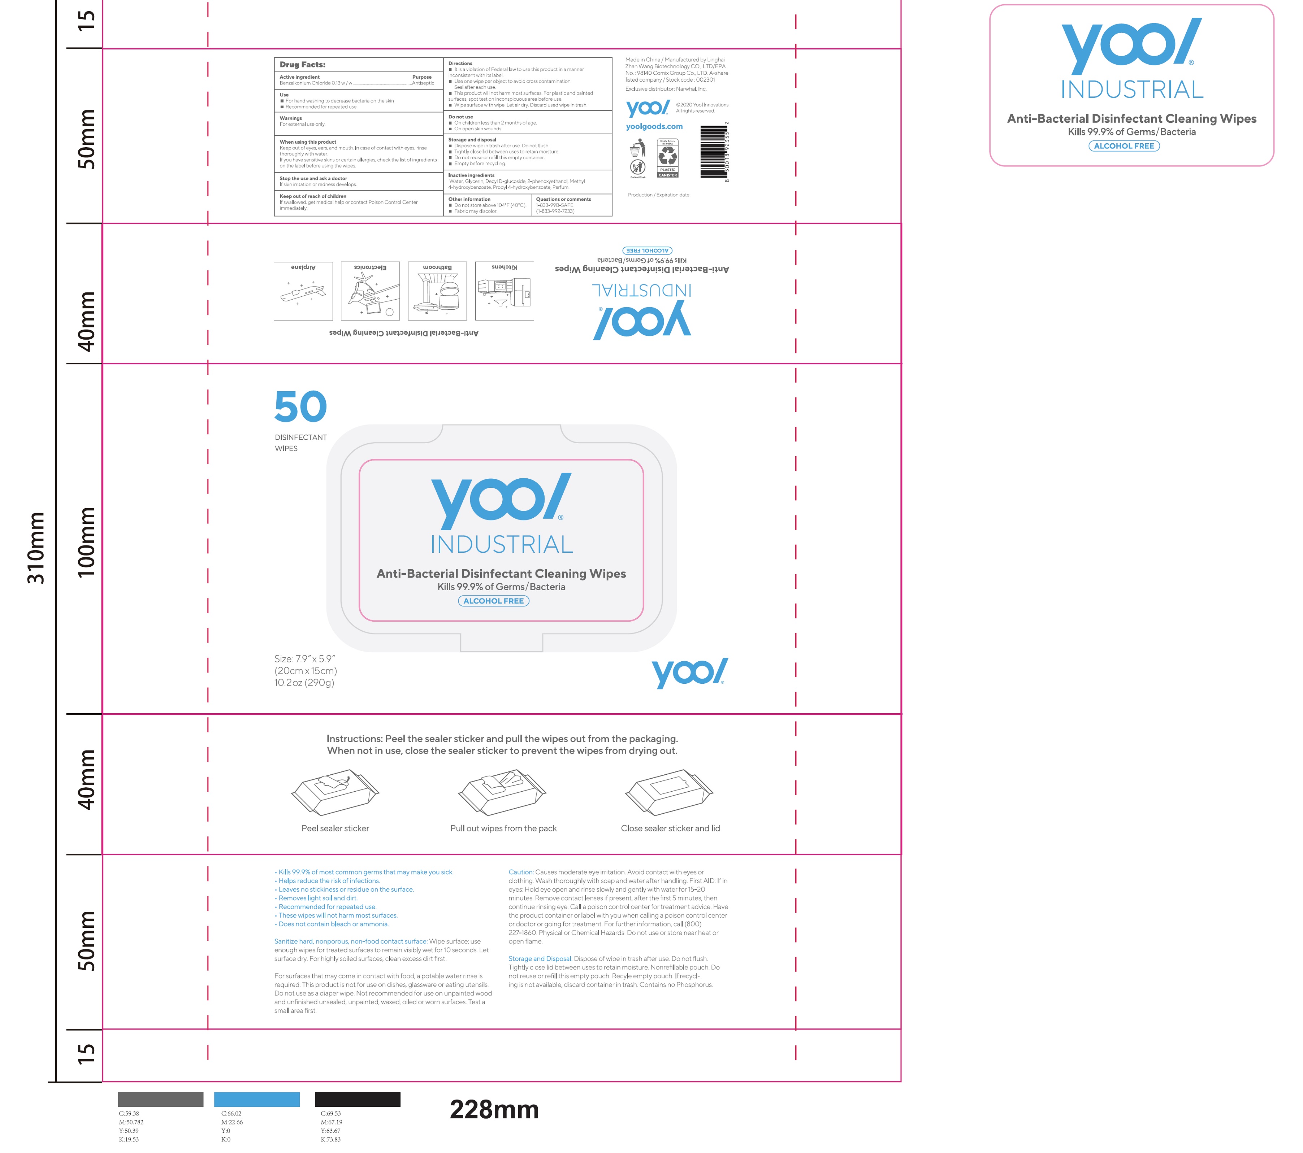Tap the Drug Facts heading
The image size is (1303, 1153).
click(x=302, y=64)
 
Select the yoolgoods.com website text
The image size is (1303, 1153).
click(x=654, y=127)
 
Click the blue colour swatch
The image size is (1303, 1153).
click(x=256, y=1100)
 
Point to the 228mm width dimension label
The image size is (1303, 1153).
click(x=494, y=1110)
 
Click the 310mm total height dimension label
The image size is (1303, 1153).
click(x=36, y=548)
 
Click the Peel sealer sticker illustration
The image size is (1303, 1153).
click(x=335, y=792)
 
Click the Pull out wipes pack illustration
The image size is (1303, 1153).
click(x=502, y=792)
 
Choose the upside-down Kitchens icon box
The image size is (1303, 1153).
click(x=504, y=291)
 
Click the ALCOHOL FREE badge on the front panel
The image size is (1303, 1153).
click(x=493, y=601)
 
